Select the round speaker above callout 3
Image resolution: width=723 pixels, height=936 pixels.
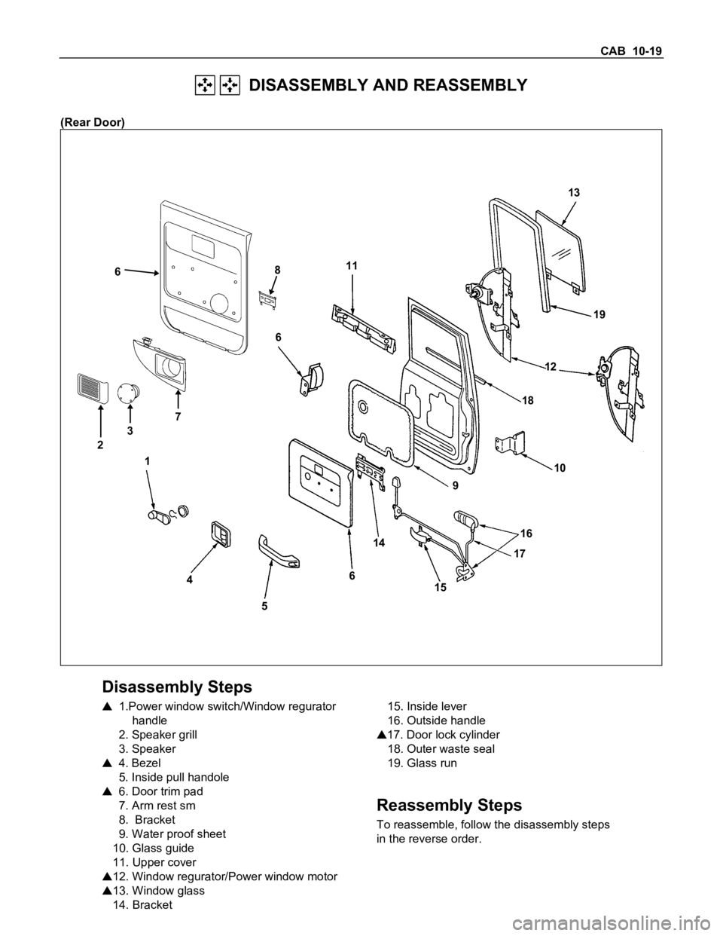[x=130, y=392]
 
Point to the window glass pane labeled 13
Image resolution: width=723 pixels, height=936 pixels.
[x=558, y=253]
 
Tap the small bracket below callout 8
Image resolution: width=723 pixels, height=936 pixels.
[x=266, y=300]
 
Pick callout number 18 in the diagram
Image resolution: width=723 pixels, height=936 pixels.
[x=526, y=401]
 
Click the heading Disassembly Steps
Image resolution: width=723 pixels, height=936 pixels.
[x=177, y=687]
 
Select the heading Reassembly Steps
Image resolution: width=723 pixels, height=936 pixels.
[x=449, y=804]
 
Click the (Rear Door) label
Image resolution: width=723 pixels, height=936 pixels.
[x=93, y=122]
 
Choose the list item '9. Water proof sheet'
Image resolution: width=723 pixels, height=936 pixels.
[x=178, y=834]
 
